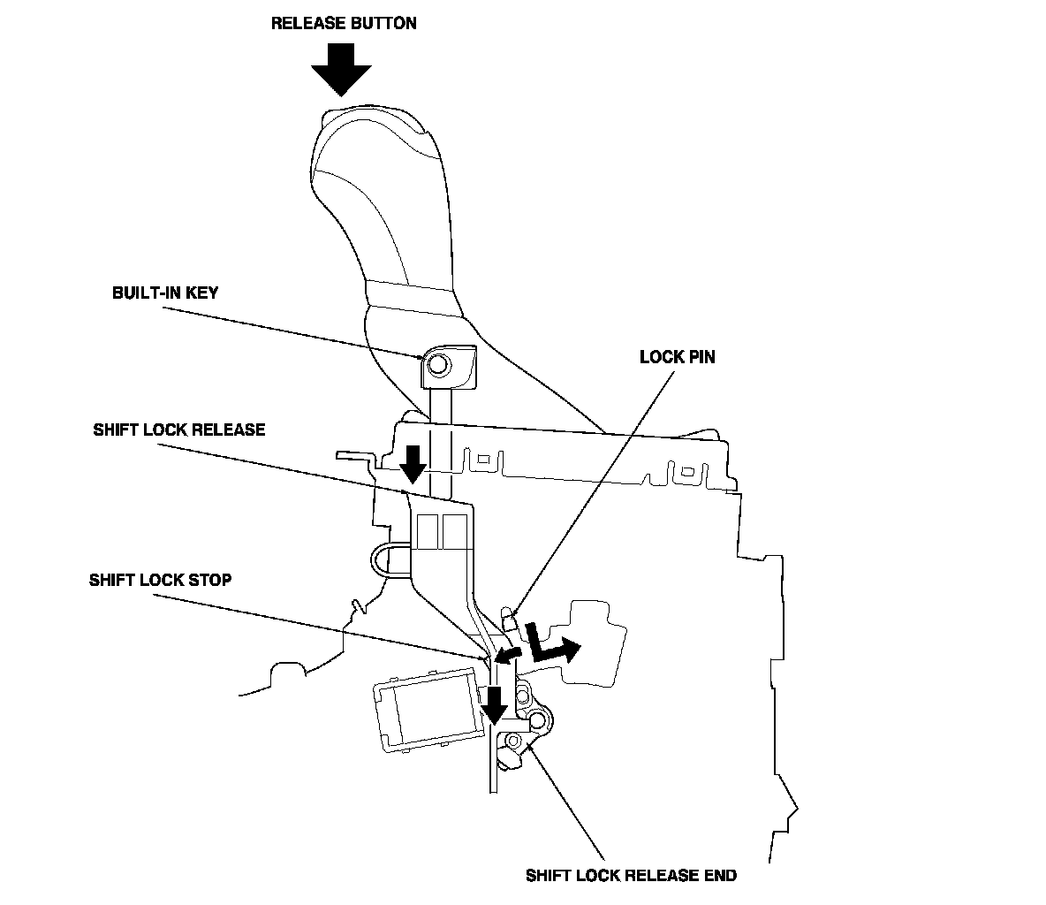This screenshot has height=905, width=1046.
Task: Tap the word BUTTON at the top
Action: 383,23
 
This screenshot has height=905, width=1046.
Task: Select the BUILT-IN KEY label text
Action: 164,293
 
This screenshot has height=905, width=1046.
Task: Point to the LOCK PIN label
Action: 677,357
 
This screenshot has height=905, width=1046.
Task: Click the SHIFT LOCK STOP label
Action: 160,581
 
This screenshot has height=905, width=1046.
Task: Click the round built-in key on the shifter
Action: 436,363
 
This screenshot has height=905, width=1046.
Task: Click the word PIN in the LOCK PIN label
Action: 700,357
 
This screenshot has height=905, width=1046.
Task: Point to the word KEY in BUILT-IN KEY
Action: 201,293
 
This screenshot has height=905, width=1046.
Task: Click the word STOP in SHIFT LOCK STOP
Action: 212,581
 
